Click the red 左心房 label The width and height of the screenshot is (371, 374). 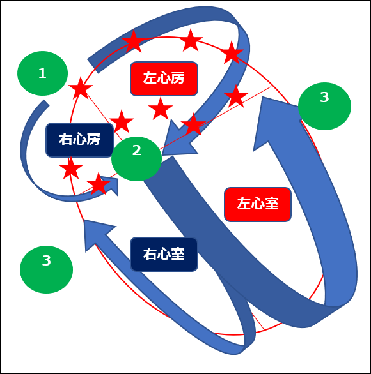(x=164, y=79)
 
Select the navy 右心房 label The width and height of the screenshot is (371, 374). (x=79, y=140)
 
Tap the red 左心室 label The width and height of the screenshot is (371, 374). (x=258, y=204)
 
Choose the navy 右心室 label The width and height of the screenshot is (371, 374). (x=164, y=254)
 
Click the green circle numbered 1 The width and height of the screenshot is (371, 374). (x=43, y=73)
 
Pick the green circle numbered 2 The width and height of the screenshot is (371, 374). (x=136, y=159)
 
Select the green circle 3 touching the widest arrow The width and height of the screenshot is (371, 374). (x=324, y=106)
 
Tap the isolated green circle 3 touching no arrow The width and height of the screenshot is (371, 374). (x=46, y=269)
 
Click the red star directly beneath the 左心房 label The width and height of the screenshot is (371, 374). (x=161, y=109)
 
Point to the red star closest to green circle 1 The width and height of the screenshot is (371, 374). (x=81, y=88)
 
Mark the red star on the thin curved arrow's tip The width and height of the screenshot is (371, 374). (x=99, y=184)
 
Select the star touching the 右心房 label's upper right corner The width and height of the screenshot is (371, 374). (x=122, y=122)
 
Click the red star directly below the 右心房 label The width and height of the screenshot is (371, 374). (x=71, y=168)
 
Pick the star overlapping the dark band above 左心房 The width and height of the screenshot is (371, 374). (x=134, y=41)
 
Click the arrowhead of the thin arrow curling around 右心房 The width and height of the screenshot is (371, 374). (x=111, y=186)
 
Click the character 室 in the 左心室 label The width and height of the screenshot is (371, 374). (x=272, y=204)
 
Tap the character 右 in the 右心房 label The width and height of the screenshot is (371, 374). (x=66, y=140)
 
